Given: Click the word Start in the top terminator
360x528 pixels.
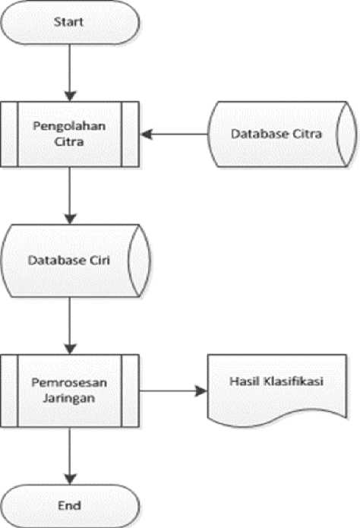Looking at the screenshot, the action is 68,22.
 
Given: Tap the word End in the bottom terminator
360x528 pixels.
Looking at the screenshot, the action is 69,505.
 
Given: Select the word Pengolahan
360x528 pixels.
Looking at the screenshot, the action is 69,127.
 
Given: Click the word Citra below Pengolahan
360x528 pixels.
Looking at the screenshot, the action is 69,142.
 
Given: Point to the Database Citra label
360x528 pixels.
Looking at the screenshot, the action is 276,134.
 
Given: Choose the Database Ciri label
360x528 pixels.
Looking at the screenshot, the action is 68,260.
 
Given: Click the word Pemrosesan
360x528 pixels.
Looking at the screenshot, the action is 69,383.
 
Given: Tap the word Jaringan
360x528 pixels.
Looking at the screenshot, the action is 69,398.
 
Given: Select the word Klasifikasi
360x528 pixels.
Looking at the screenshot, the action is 293,381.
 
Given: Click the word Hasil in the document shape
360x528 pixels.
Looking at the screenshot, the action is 245,381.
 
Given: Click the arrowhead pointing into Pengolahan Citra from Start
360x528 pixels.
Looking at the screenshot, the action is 70,96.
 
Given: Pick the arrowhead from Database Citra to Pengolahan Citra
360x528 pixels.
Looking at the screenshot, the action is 147,134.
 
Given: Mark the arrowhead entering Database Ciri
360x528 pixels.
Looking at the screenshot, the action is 70,219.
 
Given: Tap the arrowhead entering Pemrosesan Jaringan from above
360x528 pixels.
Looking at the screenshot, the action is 70,349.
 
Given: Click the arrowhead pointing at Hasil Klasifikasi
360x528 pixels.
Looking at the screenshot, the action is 201,391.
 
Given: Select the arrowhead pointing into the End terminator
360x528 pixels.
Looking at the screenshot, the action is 70,479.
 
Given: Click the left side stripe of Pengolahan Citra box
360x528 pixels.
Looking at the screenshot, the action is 9,134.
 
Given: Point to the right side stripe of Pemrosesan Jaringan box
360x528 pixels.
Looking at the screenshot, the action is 130,390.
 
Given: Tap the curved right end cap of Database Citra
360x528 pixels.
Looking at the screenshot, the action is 347,134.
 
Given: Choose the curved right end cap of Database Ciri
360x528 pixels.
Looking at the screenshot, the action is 140,261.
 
